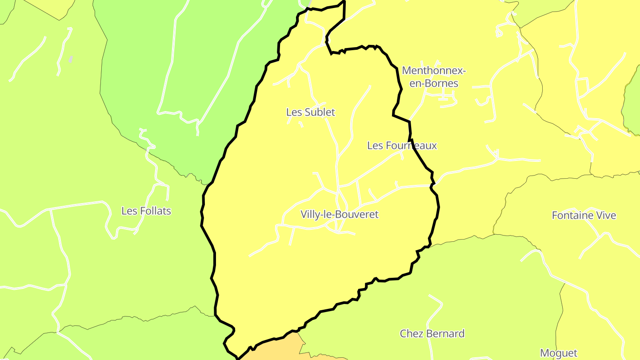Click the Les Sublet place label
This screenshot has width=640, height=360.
coord(311,112)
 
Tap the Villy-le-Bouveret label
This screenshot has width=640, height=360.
coord(340,214)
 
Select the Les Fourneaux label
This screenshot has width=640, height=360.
coord(402,145)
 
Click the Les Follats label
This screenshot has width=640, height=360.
coord(146,211)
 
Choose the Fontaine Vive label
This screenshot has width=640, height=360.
coord(584,216)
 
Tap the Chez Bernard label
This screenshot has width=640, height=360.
coord(432,333)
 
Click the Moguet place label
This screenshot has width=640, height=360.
coord(559,353)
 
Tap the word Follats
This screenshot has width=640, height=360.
coord(155,211)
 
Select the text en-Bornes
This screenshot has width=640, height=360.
coord(434,83)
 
